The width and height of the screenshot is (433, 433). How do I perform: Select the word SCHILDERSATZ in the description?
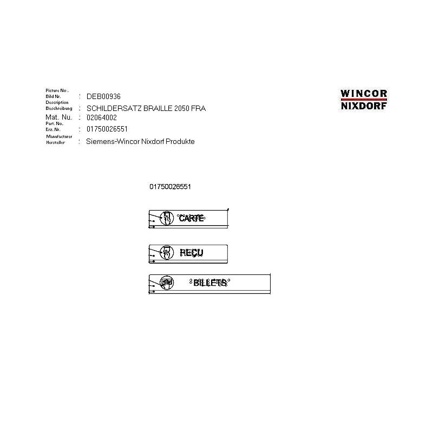click(x=110, y=108)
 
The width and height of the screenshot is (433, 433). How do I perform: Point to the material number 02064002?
click(x=102, y=117)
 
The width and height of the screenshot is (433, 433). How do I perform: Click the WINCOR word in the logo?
click(x=364, y=93)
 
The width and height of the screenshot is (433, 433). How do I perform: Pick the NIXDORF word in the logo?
click(x=364, y=106)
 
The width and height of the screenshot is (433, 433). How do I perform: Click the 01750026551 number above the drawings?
click(x=170, y=187)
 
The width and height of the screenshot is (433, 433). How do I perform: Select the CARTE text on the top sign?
click(x=191, y=218)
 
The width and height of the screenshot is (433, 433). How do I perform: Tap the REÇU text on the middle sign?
click(x=191, y=252)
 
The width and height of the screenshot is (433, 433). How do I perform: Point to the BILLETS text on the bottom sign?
click(x=209, y=283)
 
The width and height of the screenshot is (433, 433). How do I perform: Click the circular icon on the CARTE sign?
click(x=167, y=218)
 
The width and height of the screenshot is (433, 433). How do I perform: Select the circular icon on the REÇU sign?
click(x=167, y=252)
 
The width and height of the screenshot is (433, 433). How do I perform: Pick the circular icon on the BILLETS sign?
click(x=167, y=283)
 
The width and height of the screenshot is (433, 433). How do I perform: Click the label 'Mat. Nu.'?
click(x=58, y=117)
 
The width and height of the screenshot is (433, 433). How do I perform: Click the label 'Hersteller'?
click(x=56, y=142)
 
